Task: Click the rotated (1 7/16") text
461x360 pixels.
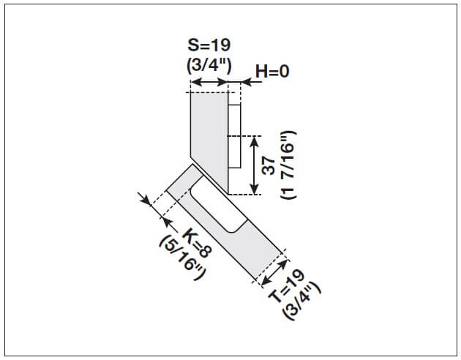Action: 288,165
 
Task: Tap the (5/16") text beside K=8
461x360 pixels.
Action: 179,252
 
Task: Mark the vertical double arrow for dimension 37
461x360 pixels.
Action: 254,165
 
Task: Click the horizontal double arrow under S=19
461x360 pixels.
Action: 209,84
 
